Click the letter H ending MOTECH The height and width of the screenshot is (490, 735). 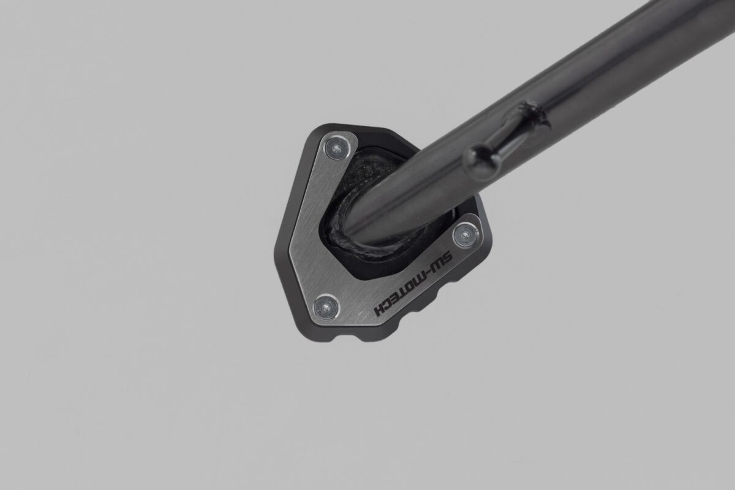click(380, 309)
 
